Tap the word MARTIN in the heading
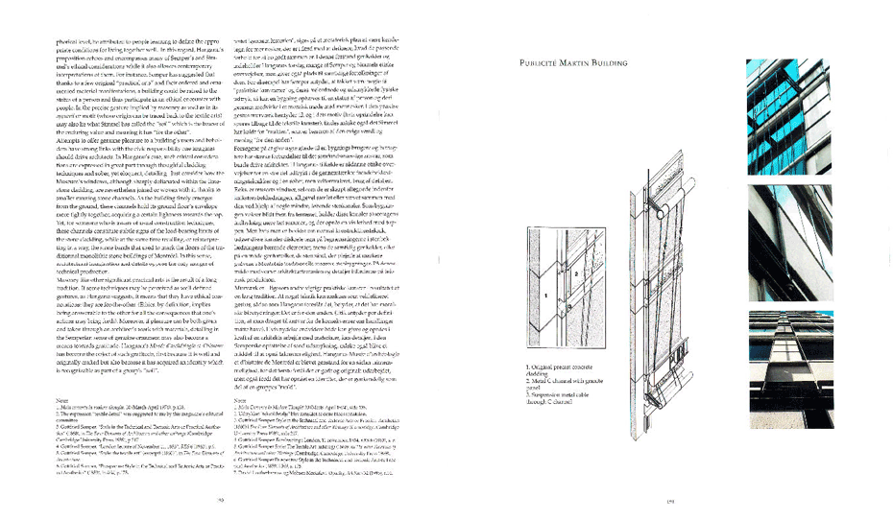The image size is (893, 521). click(x=579, y=63)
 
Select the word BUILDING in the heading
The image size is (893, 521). click(x=615, y=63)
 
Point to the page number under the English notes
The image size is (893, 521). click(x=220, y=500)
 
